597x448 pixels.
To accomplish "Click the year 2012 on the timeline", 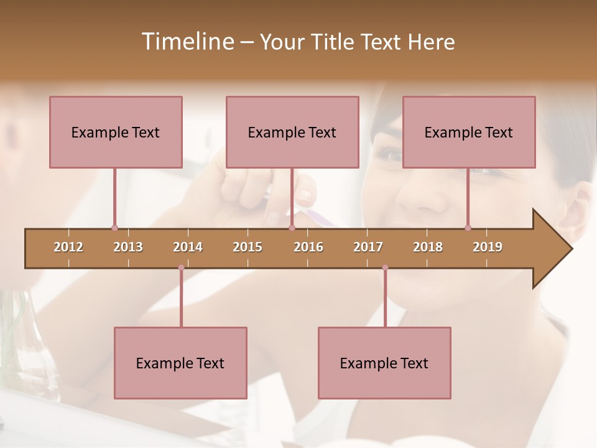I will click(x=68, y=247).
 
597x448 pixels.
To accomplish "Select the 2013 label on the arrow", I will click(x=128, y=247).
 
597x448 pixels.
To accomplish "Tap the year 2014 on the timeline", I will click(x=188, y=247).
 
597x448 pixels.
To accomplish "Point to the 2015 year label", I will click(x=248, y=247).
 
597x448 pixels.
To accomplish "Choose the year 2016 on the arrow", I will click(x=308, y=247).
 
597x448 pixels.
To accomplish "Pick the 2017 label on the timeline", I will click(x=368, y=247).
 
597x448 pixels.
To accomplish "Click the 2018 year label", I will click(x=428, y=247).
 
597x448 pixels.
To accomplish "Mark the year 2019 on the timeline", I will click(x=488, y=247).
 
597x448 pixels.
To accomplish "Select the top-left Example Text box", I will click(x=116, y=132).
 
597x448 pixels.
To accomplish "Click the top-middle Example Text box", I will click(x=292, y=132).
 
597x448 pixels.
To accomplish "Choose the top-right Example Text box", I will click(x=469, y=132).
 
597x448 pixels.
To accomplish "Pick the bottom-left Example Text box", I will click(x=180, y=363).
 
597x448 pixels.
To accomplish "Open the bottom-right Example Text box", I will click(x=384, y=363).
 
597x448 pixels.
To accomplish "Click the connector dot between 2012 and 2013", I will click(x=114, y=228).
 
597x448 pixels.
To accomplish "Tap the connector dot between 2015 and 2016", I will click(x=292, y=228).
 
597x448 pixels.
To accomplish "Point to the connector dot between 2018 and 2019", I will click(x=468, y=228).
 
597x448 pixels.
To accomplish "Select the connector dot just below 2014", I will click(x=181, y=268).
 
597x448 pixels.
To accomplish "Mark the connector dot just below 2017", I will click(x=385, y=268).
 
